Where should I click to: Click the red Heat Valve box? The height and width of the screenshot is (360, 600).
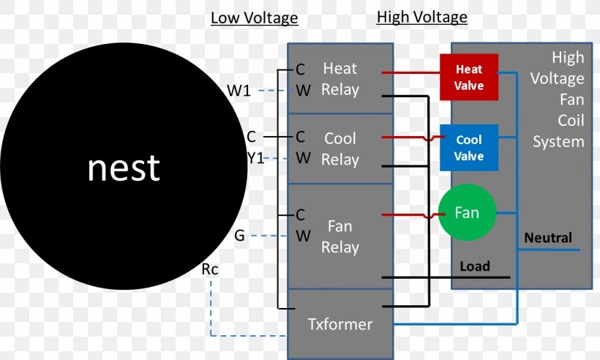click(468, 77)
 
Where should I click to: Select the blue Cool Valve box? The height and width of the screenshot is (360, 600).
click(468, 147)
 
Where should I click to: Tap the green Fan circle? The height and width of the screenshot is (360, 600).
click(467, 213)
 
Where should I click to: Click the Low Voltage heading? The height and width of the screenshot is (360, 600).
click(254, 18)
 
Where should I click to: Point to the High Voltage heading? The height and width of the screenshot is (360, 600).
click(421, 17)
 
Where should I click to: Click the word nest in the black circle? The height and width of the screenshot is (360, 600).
click(123, 168)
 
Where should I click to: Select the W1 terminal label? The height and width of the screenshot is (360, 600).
click(239, 91)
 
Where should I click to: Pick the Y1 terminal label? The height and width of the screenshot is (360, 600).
click(255, 157)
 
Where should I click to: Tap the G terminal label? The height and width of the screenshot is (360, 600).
click(239, 236)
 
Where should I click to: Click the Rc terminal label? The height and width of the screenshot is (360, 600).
click(209, 270)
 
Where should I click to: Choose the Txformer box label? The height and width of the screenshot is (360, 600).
click(340, 323)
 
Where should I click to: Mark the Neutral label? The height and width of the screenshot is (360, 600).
click(548, 238)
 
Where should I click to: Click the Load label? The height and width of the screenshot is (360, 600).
click(474, 266)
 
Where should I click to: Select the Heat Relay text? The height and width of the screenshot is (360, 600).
click(340, 79)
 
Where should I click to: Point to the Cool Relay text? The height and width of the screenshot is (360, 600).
click(340, 149)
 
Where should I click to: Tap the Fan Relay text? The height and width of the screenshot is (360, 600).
click(340, 236)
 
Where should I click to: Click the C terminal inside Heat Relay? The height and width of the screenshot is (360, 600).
click(300, 70)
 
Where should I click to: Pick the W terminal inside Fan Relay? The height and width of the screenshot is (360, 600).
click(303, 236)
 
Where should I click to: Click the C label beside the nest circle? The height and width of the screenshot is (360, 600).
click(251, 137)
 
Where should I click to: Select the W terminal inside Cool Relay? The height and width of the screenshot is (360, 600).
click(303, 157)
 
